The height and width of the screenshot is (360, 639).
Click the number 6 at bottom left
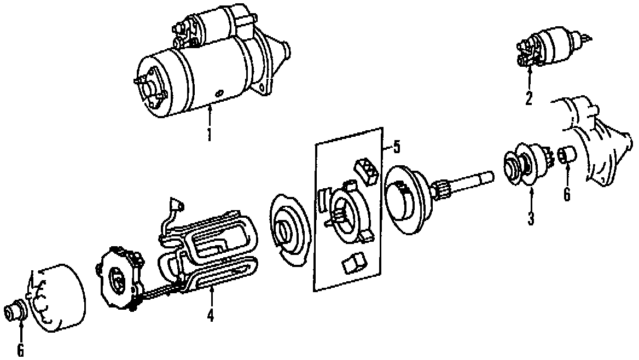pyautogui.click(x=21, y=350)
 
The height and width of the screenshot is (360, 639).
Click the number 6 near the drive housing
pyautogui.click(x=567, y=194)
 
